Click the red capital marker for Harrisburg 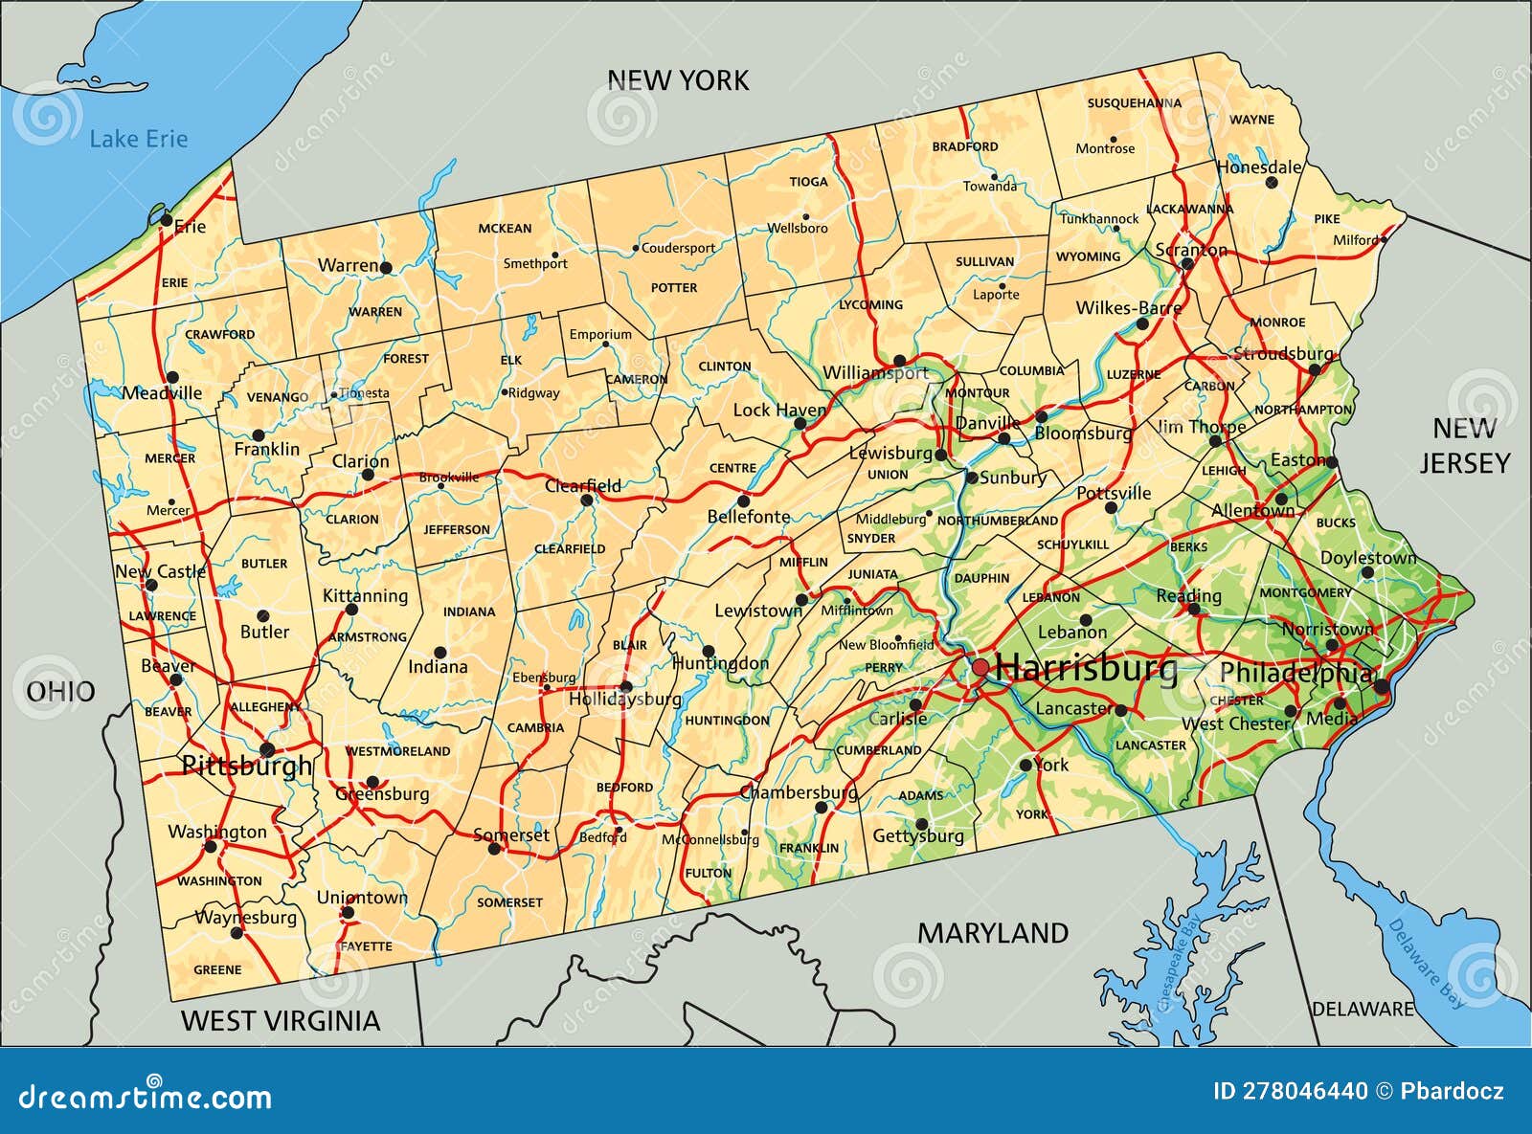pos(980,666)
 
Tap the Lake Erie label pos(138,140)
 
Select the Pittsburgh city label pos(247,766)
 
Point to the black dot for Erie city pos(166,221)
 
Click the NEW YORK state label pos(678,80)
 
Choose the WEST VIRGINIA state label pos(281,1021)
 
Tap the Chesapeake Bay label pos(1179,963)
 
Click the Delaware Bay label pos(1426,964)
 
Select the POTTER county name pos(674,287)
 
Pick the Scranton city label pos(1190,250)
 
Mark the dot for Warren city pos(386,268)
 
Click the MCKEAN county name pos(505,229)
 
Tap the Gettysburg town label pos(917,836)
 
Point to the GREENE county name pos(217,969)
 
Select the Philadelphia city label pos(1295,674)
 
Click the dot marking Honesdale pos(1271,182)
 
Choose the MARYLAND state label pos(993,933)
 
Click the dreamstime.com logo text pos(146,1097)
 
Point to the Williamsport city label pos(875,373)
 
